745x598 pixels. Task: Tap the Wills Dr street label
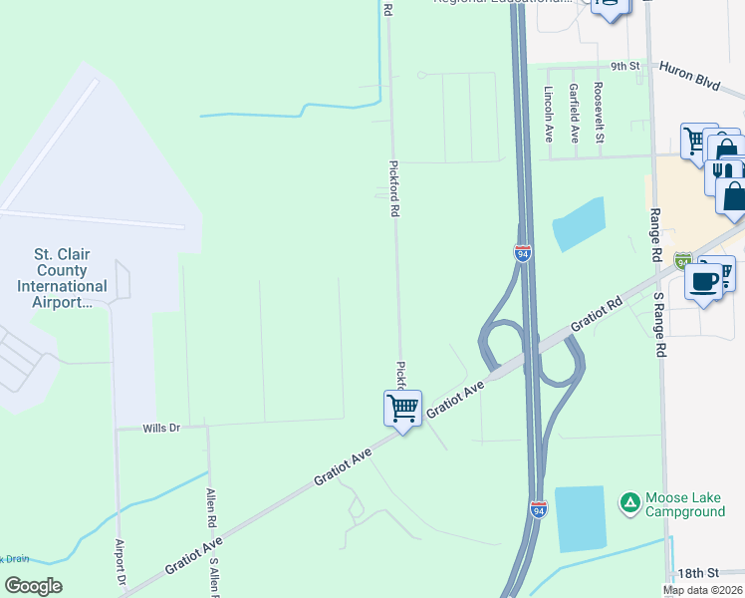click(x=160, y=428)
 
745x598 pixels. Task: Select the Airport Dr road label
click(x=121, y=563)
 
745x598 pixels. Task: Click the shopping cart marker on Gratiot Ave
click(x=402, y=408)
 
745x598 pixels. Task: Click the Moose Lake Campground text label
click(x=684, y=505)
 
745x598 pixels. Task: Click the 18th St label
click(x=697, y=573)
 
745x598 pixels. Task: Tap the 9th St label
click(x=624, y=66)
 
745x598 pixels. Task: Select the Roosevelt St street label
click(x=599, y=112)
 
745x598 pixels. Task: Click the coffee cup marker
click(x=704, y=282)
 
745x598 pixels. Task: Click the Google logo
click(x=33, y=586)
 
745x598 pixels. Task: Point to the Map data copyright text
click(x=702, y=590)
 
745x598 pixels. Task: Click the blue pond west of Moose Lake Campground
click(x=580, y=518)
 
